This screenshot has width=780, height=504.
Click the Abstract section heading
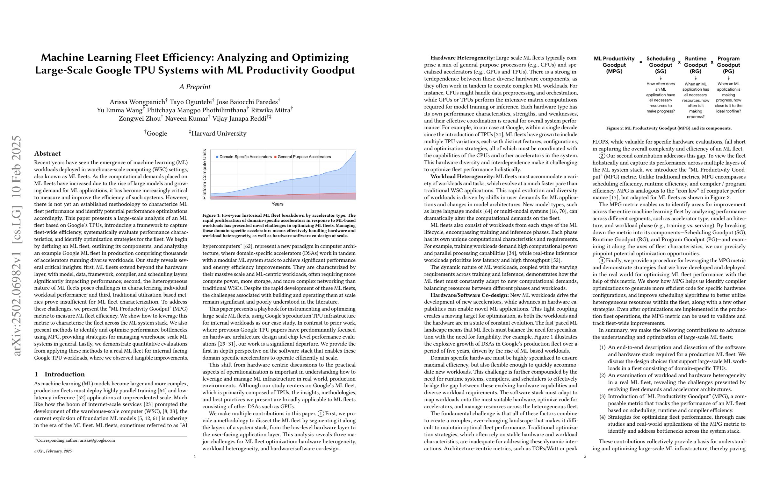(x=47, y=153)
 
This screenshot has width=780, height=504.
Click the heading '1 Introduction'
(x=59, y=374)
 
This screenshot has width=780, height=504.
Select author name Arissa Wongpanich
(x=137, y=102)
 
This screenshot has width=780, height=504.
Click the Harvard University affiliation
(x=219, y=134)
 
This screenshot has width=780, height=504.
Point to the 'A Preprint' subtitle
(x=195, y=87)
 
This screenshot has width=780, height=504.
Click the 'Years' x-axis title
(x=277, y=204)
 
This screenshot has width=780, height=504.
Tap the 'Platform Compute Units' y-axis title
(x=205, y=174)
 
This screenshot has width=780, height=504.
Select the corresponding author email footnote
(x=75, y=440)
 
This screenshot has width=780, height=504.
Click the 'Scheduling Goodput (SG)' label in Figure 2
(x=661, y=65)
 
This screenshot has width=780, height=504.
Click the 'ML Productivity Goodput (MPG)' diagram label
(x=614, y=65)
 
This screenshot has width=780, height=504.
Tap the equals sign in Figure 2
(x=641, y=61)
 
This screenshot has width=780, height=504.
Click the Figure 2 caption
(x=669, y=128)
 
